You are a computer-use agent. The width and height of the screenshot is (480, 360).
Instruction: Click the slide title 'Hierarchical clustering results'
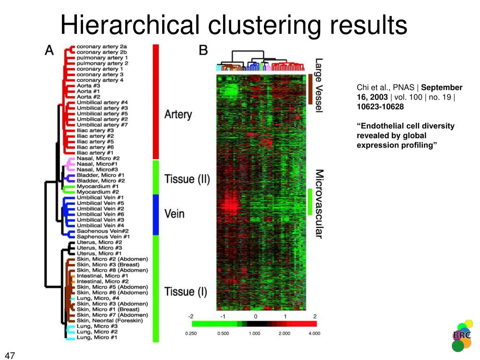pos(233,24)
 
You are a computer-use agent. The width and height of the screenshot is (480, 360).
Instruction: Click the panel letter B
pos(203,50)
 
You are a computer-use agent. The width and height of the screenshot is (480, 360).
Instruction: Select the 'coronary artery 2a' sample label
pos(102,46)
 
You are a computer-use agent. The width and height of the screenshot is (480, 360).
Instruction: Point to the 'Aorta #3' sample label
pos(89,86)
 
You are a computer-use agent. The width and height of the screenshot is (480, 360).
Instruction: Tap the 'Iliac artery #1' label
pos(95,153)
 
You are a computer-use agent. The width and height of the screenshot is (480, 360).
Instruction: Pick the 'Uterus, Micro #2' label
pos(99,242)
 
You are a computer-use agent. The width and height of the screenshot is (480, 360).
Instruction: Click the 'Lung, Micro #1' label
pos(97,337)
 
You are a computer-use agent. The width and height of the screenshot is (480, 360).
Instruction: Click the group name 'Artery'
pos(178,114)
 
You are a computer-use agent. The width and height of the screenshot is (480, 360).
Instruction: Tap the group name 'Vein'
pos(174,214)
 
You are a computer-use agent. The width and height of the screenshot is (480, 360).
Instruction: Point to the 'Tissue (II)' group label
pos(187,179)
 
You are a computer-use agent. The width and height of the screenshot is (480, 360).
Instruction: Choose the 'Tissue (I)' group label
pos(186,292)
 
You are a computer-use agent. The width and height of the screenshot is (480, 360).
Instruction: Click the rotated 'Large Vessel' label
pos(319,84)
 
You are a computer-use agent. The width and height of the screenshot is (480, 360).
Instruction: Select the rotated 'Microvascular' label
pos(319,204)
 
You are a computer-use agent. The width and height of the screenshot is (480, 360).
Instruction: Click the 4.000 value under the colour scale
pos(314,333)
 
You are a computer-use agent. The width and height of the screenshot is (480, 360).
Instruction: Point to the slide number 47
pos(10,355)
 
